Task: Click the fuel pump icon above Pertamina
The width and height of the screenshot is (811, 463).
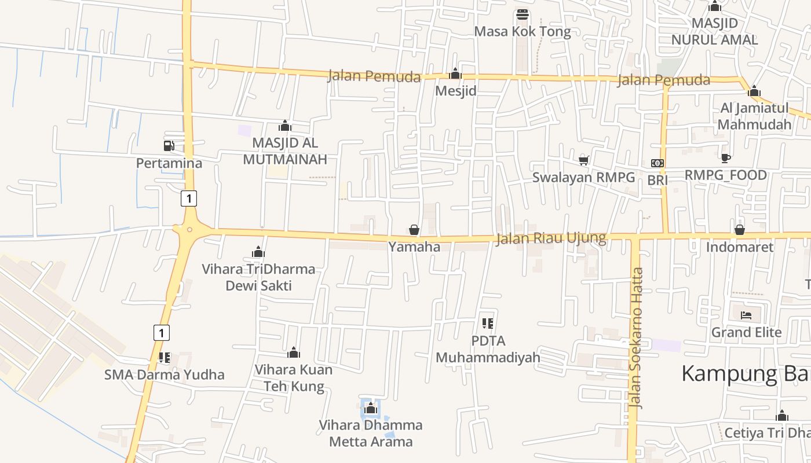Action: [169, 146]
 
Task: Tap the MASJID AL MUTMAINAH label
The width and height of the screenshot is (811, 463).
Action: [285, 151]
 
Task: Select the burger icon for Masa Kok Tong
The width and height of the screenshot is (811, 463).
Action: [523, 14]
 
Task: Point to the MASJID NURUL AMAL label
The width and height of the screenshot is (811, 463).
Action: [714, 32]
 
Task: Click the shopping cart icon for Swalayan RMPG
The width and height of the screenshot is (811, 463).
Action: [584, 160]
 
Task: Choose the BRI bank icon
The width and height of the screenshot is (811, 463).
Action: [657, 163]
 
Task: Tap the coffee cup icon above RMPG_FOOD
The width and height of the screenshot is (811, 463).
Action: [725, 158]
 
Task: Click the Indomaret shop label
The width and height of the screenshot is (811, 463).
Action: [739, 247]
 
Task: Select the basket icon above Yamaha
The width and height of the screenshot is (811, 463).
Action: [414, 230]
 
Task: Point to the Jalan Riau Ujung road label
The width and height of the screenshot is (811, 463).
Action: [551, 238]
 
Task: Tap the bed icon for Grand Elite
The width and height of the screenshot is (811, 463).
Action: [746, 315]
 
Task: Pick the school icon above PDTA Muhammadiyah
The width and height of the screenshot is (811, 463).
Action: [488, 323]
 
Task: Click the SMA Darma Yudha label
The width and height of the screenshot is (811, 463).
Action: [165, 374]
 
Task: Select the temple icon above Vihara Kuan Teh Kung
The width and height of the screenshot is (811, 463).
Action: [294, 352]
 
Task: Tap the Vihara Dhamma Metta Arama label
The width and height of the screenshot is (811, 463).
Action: [371, 433]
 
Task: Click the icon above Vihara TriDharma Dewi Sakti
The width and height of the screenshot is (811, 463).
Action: [258, 252]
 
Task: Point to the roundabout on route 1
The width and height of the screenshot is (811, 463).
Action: [189, 230]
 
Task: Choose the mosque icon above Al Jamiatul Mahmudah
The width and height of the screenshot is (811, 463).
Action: [754, 91]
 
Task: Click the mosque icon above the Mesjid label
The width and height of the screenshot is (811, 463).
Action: [455, 74]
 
